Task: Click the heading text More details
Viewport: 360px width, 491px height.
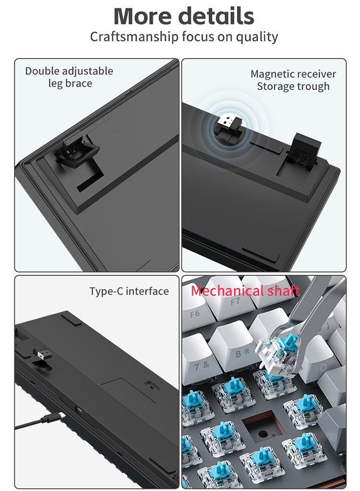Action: click(184, 16)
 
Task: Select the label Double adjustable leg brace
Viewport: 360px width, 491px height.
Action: click(69, 77)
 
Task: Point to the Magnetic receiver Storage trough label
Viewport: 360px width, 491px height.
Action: click(293, 80)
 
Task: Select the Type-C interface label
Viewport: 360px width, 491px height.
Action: click(129, 291)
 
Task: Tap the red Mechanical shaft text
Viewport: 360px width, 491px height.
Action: click(244, 291)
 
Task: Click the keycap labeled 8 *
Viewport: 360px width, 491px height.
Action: click(240, 353)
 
